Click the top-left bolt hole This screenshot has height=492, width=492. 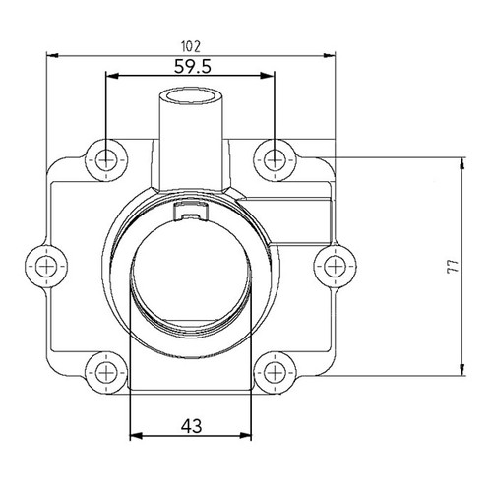pos(104,157)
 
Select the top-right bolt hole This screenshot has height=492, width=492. pos(273,157)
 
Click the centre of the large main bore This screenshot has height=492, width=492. pos(193,273)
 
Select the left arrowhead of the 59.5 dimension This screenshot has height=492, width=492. pos(109,76)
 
